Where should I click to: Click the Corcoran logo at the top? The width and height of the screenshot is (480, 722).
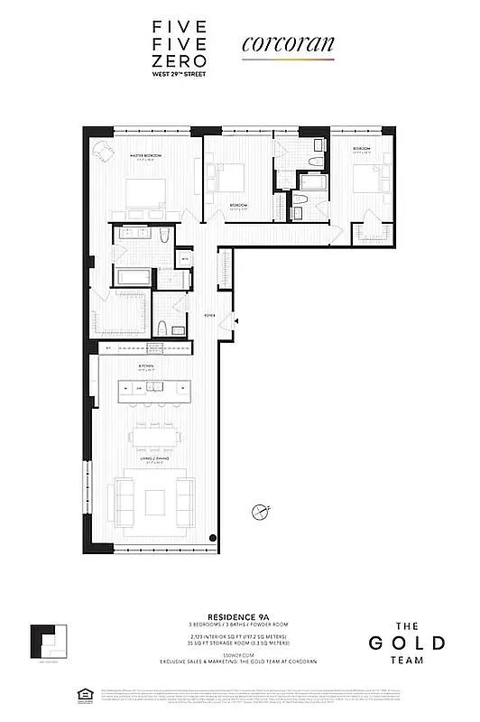point(288,43)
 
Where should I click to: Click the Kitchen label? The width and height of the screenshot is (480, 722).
point(147,366)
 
